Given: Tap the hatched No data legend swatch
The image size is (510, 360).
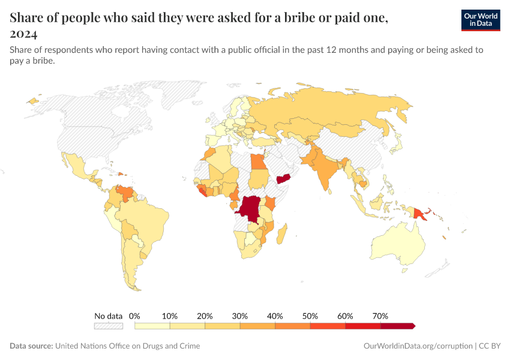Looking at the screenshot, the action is tap(108, 326).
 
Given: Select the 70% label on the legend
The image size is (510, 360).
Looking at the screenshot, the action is tap(380, 316).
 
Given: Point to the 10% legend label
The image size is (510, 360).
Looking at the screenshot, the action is tap(170, 316).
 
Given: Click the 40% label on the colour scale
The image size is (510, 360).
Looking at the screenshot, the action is tap(275, 316).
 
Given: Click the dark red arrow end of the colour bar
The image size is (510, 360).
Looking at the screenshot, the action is tap(412, 326).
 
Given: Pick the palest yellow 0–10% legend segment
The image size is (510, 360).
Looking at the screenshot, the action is tap(152, 326).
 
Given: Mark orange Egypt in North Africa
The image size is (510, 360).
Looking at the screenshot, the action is tap(257, 162).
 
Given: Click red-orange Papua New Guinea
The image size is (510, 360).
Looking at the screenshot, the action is tap(421, 213).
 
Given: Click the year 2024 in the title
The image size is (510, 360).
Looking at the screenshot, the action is tap(23, 34).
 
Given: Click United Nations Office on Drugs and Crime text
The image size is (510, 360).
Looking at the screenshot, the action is tap(127, 346).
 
